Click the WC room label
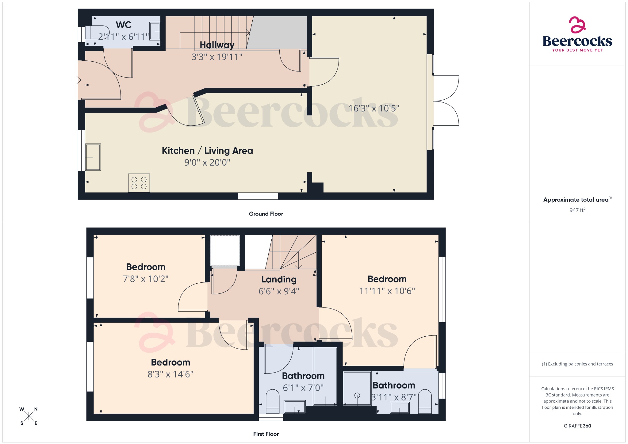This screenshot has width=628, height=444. coord(124,25)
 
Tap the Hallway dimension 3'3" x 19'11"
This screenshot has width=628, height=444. coord(217,57)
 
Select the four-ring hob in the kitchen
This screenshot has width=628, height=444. coord(139,183)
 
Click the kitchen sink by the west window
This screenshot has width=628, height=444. coord(93,157)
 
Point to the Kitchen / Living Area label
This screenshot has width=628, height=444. coord(207,151)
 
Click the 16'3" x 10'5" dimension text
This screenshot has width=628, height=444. coord(374,108)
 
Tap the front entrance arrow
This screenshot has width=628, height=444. coord(77,80)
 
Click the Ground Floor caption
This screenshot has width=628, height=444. coord(266,214)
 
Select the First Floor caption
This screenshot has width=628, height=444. coord(266,434)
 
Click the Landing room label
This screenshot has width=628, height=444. coord(279,279)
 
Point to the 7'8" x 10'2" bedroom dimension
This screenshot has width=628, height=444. coord(146,279)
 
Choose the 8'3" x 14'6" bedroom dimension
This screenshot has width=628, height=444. coord(170,374)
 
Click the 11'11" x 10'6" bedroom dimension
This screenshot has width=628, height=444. coord(387,291)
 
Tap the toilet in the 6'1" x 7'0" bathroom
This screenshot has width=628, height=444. coord(272,400)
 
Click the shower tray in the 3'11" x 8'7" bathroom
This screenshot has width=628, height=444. coord(357,388)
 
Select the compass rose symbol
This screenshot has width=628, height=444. coord(29,416)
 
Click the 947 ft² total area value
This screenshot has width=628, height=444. coord(577,210)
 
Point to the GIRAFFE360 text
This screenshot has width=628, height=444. coord(577,426)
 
